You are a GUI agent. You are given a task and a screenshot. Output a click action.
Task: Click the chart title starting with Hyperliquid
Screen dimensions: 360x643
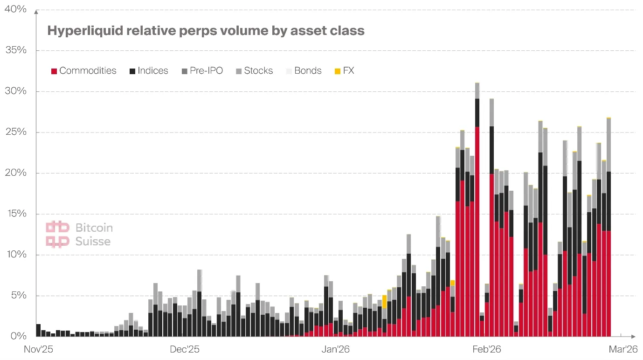point(206,31)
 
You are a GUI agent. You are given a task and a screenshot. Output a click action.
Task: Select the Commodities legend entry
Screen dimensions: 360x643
point(83,71)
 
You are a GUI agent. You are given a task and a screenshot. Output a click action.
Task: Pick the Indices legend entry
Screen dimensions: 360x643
point(149,71)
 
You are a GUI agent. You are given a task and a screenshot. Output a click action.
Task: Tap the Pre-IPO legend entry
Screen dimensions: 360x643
point(201,71)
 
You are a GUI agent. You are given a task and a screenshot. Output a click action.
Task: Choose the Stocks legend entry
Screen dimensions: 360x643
point(254,71)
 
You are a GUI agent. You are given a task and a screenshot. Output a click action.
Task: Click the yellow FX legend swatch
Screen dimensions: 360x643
point(338,71)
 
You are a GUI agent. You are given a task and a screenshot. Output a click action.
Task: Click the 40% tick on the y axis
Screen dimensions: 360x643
point(15,9)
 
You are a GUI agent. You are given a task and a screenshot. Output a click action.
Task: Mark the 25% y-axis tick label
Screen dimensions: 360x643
point(15,132)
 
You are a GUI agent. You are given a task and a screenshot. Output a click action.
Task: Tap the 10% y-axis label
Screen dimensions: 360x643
point(15,255)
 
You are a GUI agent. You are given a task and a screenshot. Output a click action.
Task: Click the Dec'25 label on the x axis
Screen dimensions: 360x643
point(185,349)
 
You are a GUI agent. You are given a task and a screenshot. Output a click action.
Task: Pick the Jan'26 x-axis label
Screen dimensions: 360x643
point(336,349)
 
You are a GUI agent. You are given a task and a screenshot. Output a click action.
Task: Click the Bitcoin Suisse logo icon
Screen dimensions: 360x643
point(57,234)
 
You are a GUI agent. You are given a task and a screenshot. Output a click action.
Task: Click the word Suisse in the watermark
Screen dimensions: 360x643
point(93,242)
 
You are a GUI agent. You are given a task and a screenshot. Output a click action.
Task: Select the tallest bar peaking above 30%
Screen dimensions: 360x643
point(477,210)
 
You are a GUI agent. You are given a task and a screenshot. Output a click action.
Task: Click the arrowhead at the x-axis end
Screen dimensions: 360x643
point(632,336)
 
